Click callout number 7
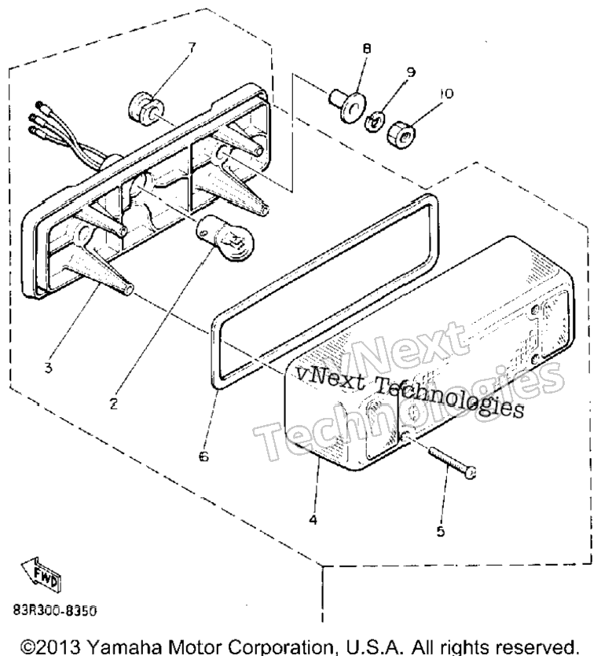coord(192,48)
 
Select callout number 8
coord(366,49)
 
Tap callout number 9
coord(411,72)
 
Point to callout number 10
coord(446,93)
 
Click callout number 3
coord(49,368)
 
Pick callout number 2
coord(113,404)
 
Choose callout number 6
coord(203,456)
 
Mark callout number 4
coord(313,519)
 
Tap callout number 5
coord(441,531)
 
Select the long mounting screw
coord(453,463)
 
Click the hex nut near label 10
coord(401,134)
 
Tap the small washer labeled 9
coord(374,122)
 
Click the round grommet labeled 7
coord(145,111)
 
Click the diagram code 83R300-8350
coord(55,610)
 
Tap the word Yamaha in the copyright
coord(126,647)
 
